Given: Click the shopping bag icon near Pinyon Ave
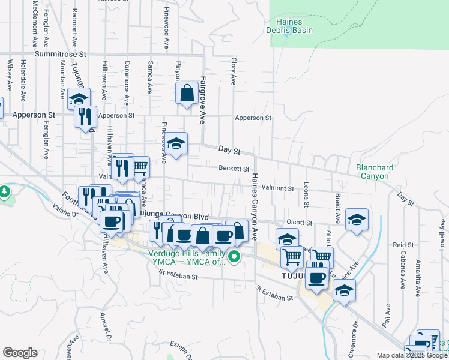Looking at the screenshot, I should tap(187, 94).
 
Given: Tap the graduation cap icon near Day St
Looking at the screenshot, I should tap(176, 144).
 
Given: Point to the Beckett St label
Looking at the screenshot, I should tap(234, 169).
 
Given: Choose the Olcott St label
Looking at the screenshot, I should tap(300, 222).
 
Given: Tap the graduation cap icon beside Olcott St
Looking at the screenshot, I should tap(357, 220).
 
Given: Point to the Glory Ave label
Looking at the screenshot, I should tap(233, 71).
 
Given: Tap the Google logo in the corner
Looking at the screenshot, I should tap(20, 353).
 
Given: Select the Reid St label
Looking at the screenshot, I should tap(403, 245).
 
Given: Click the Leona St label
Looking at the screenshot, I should tap(306, 194).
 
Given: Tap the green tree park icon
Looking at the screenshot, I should tap(4, 192).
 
